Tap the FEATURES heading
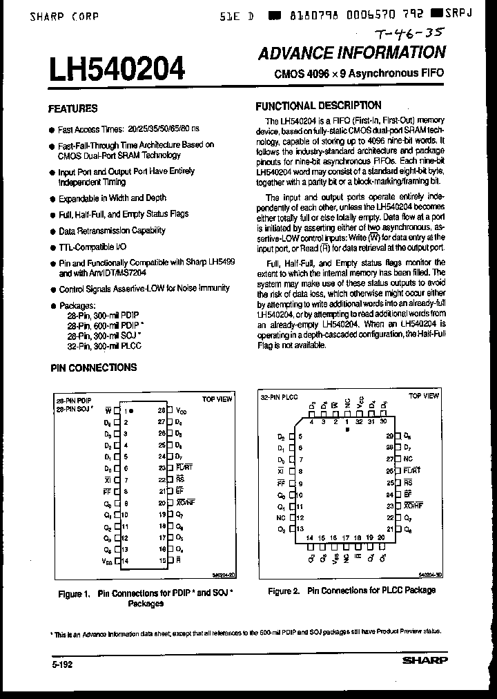72,108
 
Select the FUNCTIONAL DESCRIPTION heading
318,106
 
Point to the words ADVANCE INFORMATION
352,53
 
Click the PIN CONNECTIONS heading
94,367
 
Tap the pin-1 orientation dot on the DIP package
133,410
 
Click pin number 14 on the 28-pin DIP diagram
125,561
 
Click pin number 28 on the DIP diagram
162,410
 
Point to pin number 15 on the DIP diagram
162,561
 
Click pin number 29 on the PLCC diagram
389,436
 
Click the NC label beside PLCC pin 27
408,459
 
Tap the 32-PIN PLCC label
279,396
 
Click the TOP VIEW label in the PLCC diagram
423,396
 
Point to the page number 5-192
61,664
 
